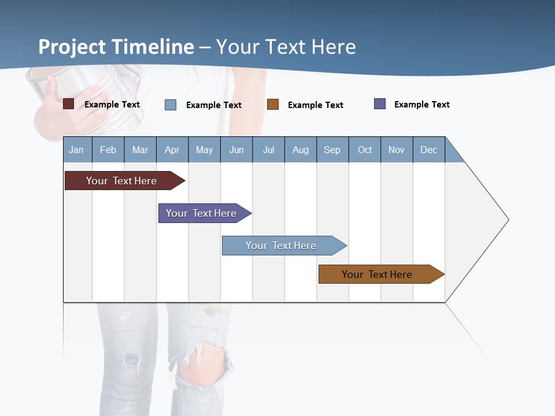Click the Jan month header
[77, 150]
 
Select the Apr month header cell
[172, 150]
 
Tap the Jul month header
[268, 150]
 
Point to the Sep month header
[332, 150]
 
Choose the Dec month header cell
[428, 150]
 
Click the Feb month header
[108, 150]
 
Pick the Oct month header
[365, 150]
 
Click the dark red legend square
[68, 104]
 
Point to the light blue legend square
[171, 105]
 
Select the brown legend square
[273, 105]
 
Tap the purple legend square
[380, 104]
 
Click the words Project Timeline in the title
[116, 47]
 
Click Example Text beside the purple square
[421, 105]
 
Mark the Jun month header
[236, 150]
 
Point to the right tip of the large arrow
[508, 220]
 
